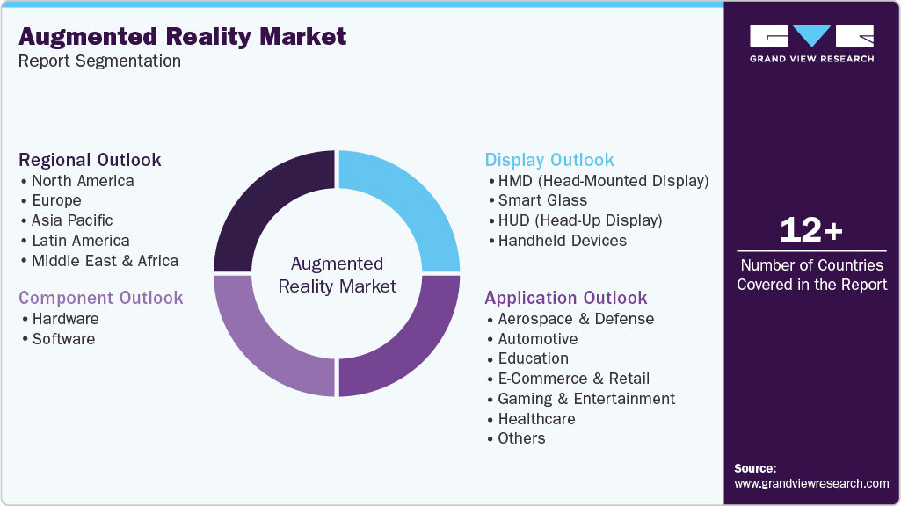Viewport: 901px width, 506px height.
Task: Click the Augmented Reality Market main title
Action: click(x=182, y=37)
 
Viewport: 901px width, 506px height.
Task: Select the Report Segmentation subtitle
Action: click(x=99, y=61)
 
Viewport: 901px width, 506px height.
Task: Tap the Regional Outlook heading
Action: click(x=90, y=160)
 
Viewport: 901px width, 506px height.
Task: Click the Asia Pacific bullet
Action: click(x=72, y=220)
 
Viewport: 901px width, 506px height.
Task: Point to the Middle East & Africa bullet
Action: click(x=105, y=261)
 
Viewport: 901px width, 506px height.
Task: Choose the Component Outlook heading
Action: click(x=101, y=298)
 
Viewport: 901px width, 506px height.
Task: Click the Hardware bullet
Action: click(x=65, y=319)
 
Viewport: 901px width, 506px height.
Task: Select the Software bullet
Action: click(x=63, y=339)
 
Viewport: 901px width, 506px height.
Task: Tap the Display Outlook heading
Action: click(x=549, y=160)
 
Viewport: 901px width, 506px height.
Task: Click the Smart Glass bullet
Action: click(x=542, y=200)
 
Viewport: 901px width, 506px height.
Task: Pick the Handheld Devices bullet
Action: click(x=562, y=241)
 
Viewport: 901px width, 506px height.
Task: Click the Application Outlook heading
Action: click(x=565, y=298)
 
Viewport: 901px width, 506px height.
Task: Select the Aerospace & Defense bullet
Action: click(x=576, y=319)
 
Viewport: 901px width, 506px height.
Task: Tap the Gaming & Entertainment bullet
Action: click(x=586, y=399)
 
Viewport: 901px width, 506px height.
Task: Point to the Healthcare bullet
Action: click(x=536, y=419)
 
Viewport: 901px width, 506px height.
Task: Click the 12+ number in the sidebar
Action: click(x=811, y=231)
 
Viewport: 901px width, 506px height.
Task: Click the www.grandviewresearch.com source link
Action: click(x=811, y=483)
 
